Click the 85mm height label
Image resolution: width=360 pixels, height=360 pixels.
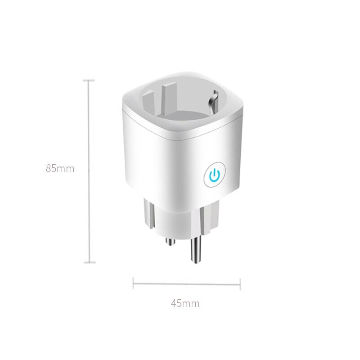[59, 169]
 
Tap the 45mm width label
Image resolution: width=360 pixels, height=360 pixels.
[184, 303]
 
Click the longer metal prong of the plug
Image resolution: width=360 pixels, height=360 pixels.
[196, 252]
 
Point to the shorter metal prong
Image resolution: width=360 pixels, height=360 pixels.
[170, 242]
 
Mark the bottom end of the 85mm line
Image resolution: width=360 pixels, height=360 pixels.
[88, 262]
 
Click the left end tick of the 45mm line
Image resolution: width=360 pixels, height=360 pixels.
[133, 283]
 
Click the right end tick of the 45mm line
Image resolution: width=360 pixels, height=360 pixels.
[240, 283]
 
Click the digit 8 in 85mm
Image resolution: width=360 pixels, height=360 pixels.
[48, 169]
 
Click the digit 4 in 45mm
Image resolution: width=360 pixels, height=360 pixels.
[173, 303]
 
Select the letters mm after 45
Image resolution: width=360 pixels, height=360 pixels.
[191, 303]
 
